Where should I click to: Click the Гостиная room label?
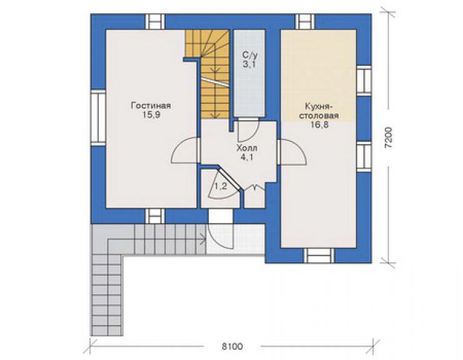(151, 106)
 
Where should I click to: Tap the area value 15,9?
(151, 115)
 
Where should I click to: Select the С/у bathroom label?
(250, 54)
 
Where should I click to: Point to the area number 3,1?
(250, 64)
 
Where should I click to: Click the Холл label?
(247, 148)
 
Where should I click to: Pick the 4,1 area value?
(247, 157)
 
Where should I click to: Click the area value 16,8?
(319, 125)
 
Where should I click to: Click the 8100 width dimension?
(232, 346)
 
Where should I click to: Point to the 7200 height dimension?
(389, 138)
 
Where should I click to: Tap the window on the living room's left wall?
(98, 118)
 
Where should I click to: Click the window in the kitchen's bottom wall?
(319, 255)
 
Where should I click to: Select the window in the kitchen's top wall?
(305, 21)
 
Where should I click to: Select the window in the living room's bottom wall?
(155, 216)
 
